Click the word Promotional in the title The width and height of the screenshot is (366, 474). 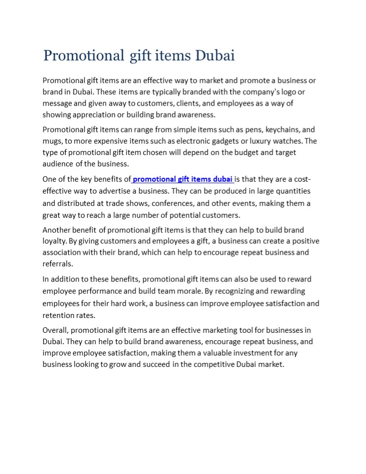pyautogui.click(x=83, y=55)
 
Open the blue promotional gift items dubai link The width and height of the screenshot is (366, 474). pyautogui.click(x=183, y=179)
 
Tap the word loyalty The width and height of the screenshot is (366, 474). pyautogui.click(x=54, y=241)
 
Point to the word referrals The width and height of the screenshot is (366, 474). pyautogui.click(x=57, y=264)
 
